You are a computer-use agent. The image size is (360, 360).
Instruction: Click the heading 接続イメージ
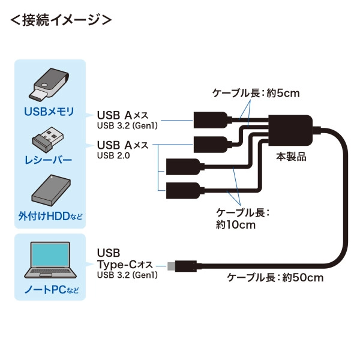61,19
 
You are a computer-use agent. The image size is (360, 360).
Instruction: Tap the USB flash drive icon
49,85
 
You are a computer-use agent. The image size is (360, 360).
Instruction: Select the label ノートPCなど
49,291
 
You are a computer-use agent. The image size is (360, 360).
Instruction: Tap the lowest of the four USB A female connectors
180,188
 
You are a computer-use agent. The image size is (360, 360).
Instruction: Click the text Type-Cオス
124,265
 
